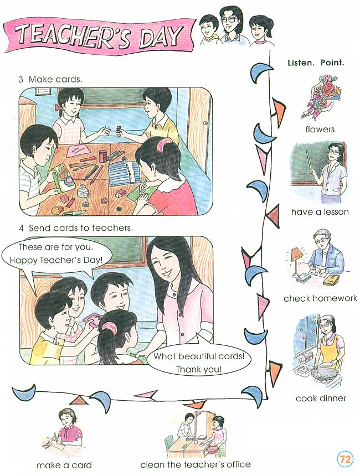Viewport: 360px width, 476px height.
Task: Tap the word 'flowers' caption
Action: click(320, 130)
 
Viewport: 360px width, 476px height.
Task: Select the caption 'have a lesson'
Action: click(320, 211)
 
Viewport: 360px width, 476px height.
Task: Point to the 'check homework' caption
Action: click(320, 298)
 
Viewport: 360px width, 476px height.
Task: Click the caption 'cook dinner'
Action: click(321, 398)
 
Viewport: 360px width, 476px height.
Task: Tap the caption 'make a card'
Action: click(64, 465)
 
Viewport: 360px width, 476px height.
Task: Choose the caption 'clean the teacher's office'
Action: click(196, 464)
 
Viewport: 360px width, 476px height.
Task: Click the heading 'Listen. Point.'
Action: click(316, 63)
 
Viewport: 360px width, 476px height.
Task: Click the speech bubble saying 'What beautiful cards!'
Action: click(199, 362)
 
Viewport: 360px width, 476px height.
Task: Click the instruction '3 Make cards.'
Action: click(50, 79)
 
